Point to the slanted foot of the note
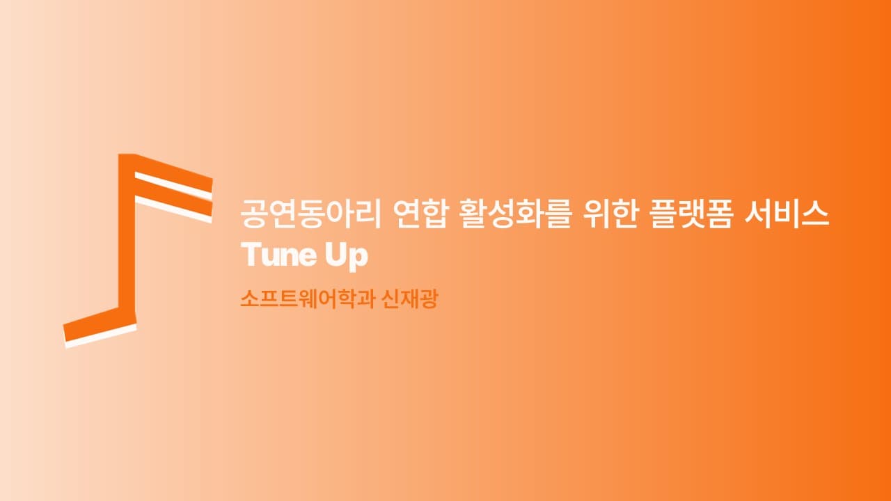97,324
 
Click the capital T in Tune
249,255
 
